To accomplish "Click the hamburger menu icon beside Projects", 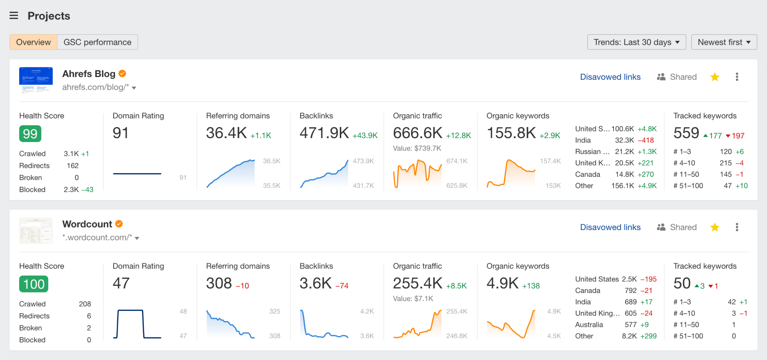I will (14, 16).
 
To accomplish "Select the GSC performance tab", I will (97, 42).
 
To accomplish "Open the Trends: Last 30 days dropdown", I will (636, 42).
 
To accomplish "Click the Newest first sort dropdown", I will (724, 42).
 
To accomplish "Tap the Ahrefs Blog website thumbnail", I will (36, 80).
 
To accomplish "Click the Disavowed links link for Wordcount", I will (610, 227).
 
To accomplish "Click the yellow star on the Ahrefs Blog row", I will (715, 77).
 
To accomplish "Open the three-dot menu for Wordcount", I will (737, 227).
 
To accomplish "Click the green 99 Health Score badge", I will (30, 134).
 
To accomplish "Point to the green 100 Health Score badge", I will (34, 284).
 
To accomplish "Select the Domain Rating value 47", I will (121, 283).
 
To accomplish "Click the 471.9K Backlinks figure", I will (324, 133).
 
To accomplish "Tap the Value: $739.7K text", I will (417, 148).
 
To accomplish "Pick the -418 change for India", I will (646, 140).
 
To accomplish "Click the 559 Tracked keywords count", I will (686, 133).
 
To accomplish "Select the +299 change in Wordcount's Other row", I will (648, 336).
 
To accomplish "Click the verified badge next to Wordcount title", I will (119, 224).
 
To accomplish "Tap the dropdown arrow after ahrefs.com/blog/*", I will (134, 88).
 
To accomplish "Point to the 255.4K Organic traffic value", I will (418, 283).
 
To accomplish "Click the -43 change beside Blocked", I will (87, 190).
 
